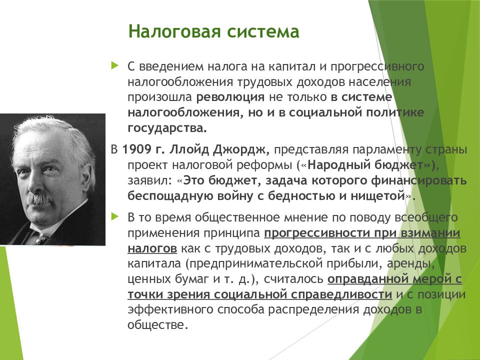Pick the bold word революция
click(230, 97)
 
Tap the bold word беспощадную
click(170, 196)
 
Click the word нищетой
click(378, 196)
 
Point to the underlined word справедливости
click(341, 294)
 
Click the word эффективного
click(170, 309)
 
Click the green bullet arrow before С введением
click(115, 65)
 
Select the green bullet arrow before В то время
click(115, 216)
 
